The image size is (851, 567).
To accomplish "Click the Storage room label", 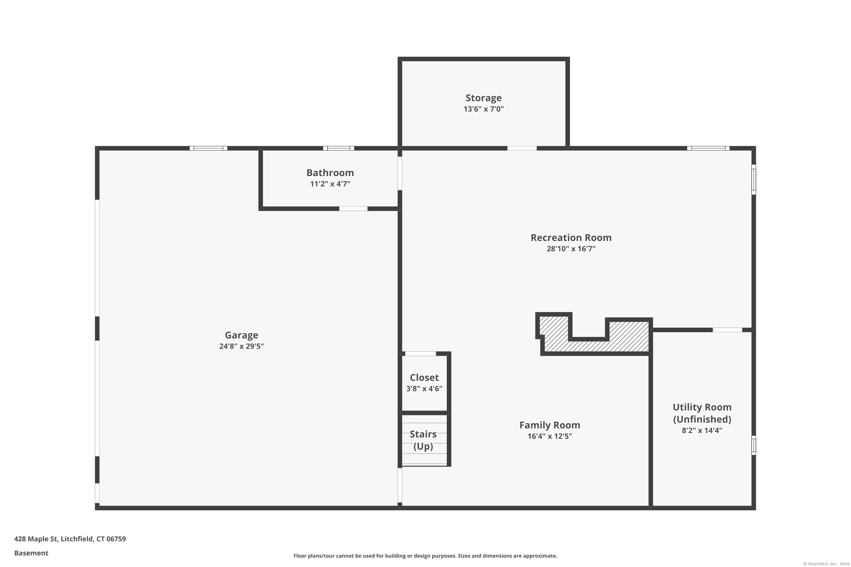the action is coord(483,98).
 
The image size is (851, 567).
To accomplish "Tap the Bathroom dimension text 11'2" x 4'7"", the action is coord(330,184).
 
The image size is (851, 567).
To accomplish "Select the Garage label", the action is coord(241,335).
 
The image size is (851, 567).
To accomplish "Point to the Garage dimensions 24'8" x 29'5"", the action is coord(241,346).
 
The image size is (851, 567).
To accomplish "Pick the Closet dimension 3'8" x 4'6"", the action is coord(424,388).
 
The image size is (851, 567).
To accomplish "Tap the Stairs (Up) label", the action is coord(423,440).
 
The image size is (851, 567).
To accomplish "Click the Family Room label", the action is coord(550,425).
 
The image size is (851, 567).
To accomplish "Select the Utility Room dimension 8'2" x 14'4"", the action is coord(702,430).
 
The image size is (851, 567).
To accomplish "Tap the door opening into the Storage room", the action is coord(522,148).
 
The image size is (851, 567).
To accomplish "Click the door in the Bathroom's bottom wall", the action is coord(353,209).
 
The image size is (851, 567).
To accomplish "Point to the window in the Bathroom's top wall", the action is coord(338,148).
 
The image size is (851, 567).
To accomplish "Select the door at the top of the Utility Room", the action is coord(727,330).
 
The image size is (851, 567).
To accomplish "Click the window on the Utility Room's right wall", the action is coord(754,445).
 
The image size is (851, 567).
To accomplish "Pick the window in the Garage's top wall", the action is coord(208,148).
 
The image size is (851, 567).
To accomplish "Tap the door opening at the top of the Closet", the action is coord(420,354).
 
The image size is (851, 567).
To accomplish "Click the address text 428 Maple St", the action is coord(36,539).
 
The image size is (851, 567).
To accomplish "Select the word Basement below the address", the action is coord(31,553).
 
